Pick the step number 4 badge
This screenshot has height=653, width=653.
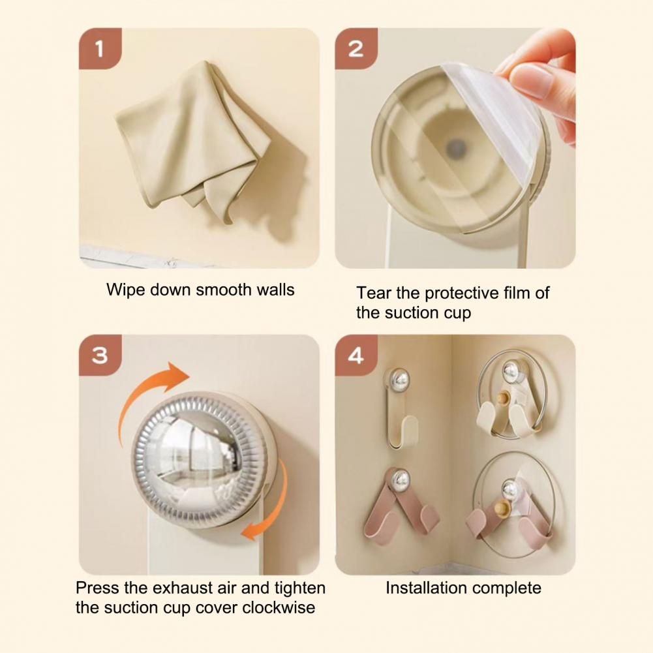point(356,356)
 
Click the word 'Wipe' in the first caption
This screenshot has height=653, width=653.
point(123,289)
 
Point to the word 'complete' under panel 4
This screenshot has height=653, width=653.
point(507,588)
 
